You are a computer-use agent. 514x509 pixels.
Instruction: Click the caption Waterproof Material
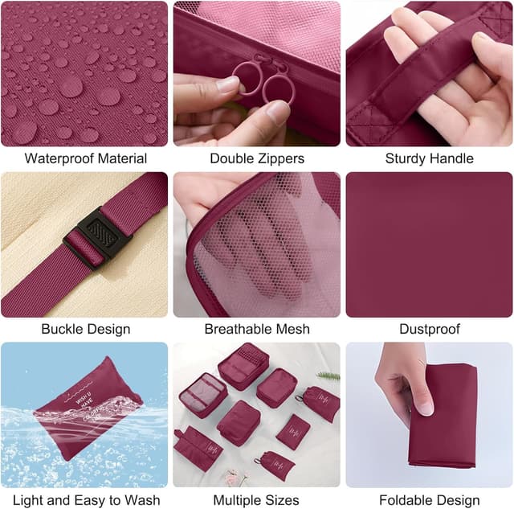(x=85, y=158)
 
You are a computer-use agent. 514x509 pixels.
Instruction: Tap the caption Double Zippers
(x=257, y=158)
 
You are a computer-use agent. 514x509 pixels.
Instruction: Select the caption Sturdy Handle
(x=429, y=158)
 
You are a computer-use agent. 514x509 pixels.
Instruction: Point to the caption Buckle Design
(x=85, y=329)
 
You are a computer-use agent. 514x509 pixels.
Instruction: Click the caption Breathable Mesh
(x=257, y=329)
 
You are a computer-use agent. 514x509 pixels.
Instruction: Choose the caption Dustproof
(x=429, y=329)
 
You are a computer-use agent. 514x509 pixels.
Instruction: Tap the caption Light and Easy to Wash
(x=85, y=500)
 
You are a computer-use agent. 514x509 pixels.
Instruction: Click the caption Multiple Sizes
(x=257, y=500)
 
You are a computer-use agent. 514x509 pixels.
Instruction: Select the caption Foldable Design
(x=429, y=500)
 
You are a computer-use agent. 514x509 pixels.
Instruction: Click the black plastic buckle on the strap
(x=94, y=237)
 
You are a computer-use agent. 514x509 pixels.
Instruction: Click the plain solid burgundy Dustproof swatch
(x=429, y=244)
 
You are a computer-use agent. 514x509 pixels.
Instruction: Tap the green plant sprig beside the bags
(x=328, y=375)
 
